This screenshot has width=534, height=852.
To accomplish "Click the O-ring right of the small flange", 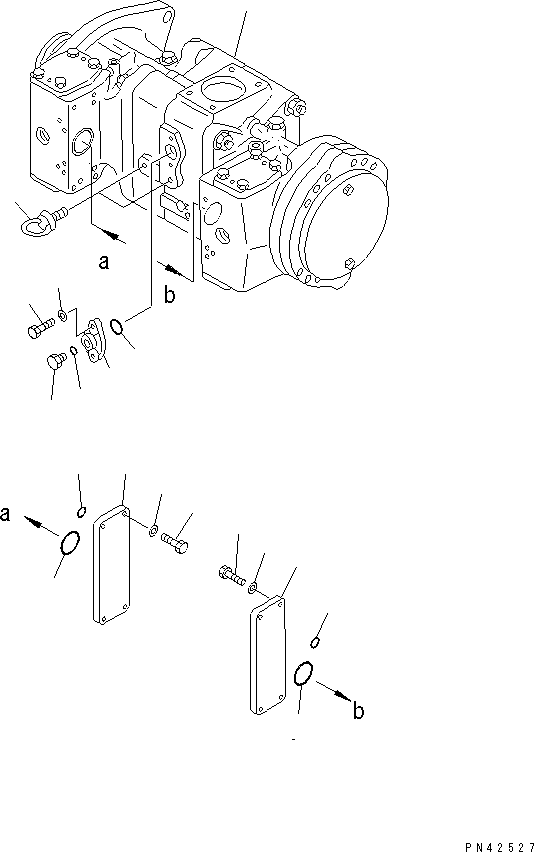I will coord(119,327).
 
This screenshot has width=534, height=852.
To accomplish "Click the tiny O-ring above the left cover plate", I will coord(80,511).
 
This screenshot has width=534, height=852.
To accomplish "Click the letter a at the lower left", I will coord(7,515).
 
